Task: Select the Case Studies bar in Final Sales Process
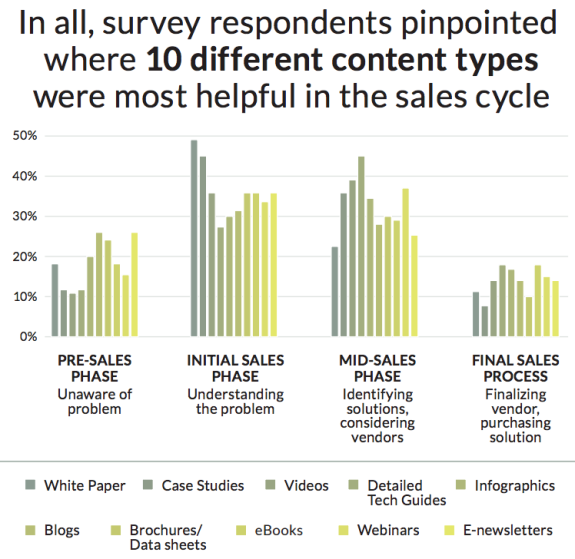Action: click(485, 321)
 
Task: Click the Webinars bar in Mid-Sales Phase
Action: click(406, 262)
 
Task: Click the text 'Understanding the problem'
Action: click(235, 401)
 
